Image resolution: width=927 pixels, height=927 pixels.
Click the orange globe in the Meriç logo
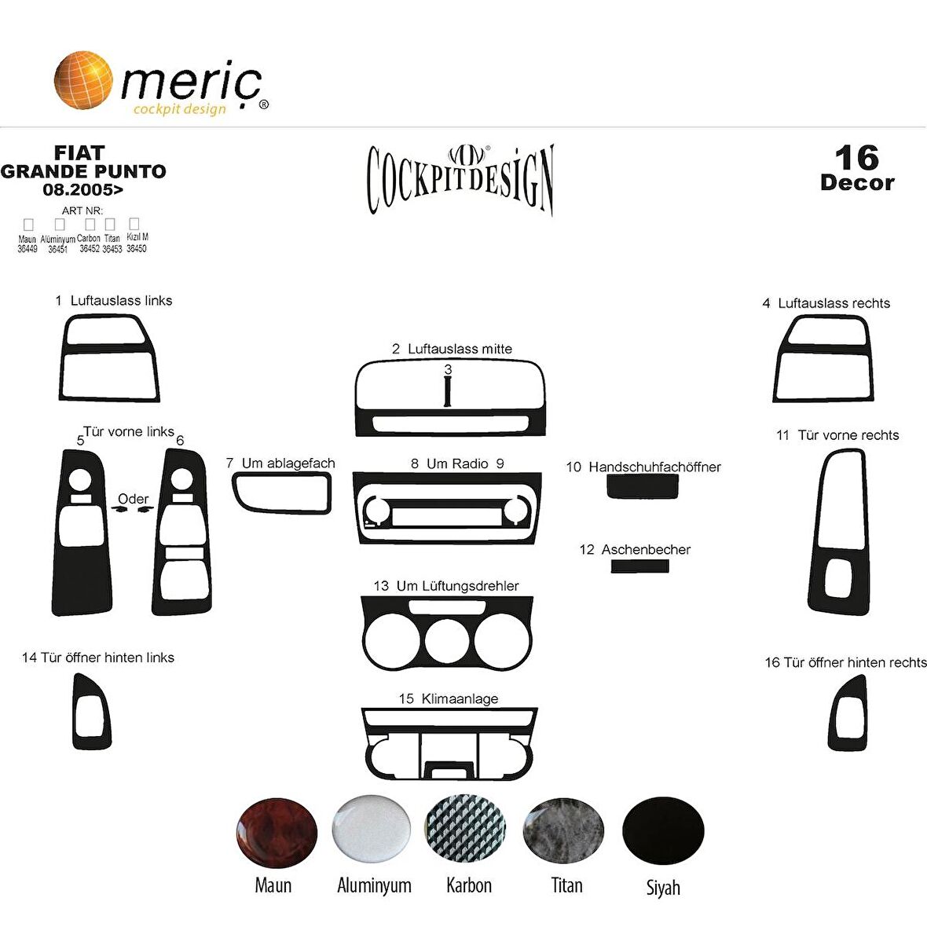click(x=83, y=79)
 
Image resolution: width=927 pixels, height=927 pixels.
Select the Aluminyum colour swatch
click(x=371, y=830)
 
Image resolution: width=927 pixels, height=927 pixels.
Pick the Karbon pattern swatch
click(x=465, y=830)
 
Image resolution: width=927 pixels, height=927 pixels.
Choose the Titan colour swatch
click(x=563, y=830)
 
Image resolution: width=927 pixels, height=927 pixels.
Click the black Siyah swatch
click(x=663, y=831)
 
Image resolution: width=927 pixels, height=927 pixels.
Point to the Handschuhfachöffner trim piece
click(x=643, y=487)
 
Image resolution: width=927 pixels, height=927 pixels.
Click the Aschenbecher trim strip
click(x=640, y=566)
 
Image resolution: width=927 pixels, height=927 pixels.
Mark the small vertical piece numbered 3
click(x=447, y=390)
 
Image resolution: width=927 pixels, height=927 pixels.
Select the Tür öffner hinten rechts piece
click(x=848, y=714)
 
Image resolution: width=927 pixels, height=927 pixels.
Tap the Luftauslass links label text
click(x=121, y=301)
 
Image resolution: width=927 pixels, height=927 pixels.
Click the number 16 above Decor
click(x=856, y=158)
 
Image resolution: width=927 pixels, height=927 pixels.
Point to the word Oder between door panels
click(x=133, y=499)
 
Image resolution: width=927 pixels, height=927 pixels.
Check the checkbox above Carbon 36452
click(x=90, y=225)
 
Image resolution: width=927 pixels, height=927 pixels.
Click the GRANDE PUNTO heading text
click(x=83, y=171)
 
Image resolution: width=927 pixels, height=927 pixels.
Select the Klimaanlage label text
click(x=459, y=698)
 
